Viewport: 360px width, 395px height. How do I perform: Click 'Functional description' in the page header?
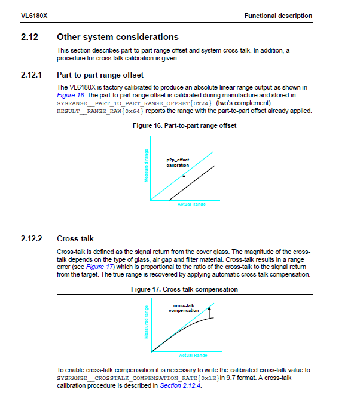[x=278, y=16]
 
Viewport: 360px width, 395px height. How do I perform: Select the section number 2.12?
[x=30, y=37]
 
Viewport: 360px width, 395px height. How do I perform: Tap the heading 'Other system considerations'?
[x=118, y=37]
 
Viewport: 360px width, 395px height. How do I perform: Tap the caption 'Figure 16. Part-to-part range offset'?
[x=184, y=125]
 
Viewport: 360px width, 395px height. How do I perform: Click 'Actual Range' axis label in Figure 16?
[x=191, y=204]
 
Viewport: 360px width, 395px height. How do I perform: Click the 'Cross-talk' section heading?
[x=75, y=238]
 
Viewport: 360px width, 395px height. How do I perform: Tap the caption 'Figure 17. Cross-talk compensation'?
[x=184, y=289]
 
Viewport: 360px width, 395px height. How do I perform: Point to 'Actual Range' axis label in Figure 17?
[x=193, y=356]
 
